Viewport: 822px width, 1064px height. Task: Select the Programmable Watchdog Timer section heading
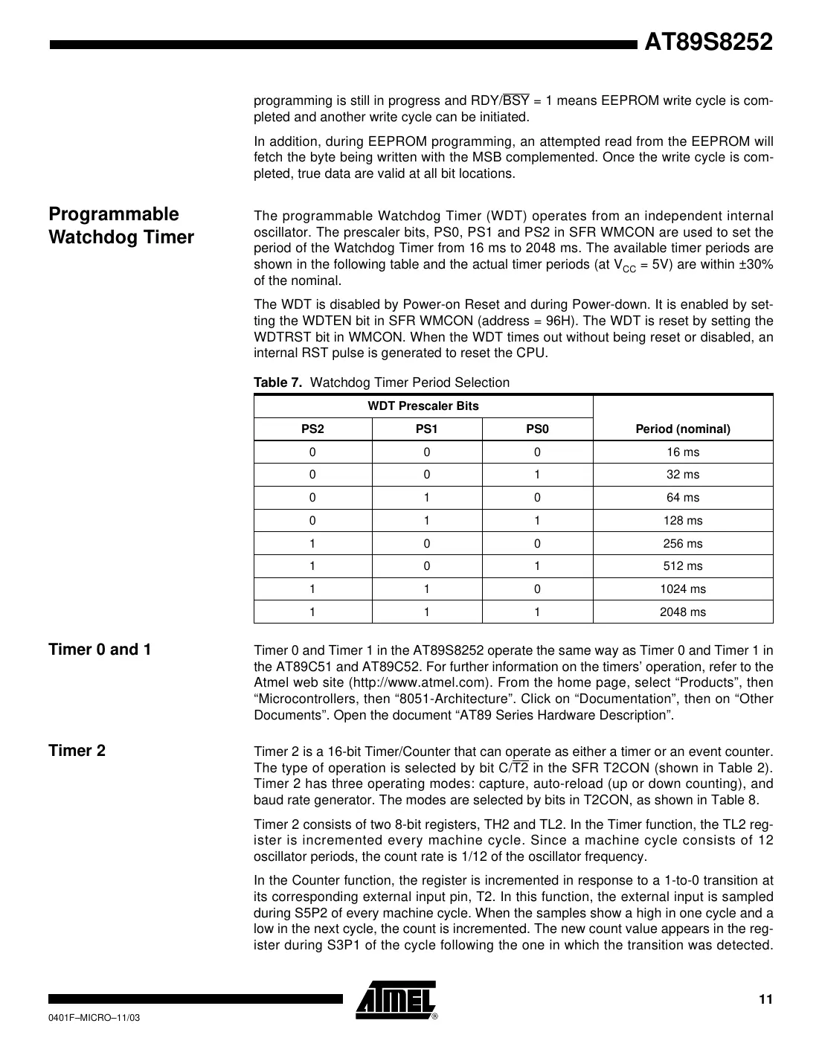click(121, 225)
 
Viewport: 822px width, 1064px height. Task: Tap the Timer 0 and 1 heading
click(100, 650)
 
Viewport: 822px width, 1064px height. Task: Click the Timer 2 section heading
click(77, 750)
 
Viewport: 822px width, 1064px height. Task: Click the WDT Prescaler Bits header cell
click(423, 406)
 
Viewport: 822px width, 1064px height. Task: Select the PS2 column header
click(312, 429)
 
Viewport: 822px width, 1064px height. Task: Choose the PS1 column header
click(426, 429)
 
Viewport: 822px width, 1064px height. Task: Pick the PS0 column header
click(537, 429)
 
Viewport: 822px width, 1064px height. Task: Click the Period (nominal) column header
click(682, 429)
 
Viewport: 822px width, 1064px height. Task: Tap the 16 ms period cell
click(682, 452)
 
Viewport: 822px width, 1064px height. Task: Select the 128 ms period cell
click(682, 520)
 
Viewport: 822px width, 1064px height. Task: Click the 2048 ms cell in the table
click(682, 612)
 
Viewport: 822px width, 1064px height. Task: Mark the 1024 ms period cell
click(682, 589)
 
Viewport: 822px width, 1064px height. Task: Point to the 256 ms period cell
click(682, 543)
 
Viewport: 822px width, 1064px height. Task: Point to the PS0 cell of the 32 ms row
click(537, 475)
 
